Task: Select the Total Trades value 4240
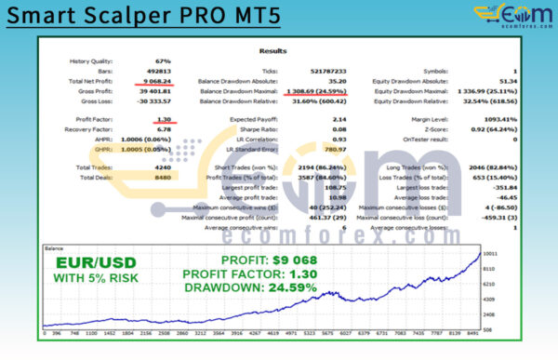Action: pyautogui.click(x=160, y=167)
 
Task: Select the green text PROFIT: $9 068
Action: pyautogui.click(x=257, y=260)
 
